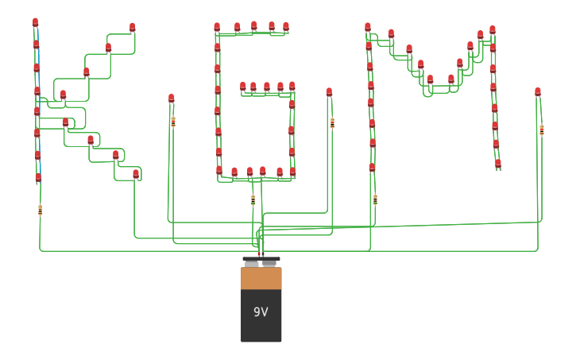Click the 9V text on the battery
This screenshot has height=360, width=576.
point(261,312)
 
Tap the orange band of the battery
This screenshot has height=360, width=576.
point(261,278)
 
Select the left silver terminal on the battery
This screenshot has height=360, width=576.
point(251,263)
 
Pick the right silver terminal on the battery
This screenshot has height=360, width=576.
point(269,263)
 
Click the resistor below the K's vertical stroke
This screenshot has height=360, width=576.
point(40,211)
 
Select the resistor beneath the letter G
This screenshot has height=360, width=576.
point(253,200)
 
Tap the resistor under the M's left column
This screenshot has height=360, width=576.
point(375,199)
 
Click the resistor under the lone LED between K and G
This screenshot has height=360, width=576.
point(173,122)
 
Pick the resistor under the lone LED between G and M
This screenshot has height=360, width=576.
point(332,123)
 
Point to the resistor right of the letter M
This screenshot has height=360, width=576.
point(541,130)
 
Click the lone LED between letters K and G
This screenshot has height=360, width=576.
point(171,99)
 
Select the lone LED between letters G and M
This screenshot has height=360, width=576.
point(329,92)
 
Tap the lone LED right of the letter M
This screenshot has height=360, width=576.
point(538,92)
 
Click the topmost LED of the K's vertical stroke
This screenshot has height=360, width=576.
point(35,22)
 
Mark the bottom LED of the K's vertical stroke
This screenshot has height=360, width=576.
point(38,178)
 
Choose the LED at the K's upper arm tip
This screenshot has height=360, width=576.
point(132,28)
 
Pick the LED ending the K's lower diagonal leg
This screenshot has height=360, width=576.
point(136,173)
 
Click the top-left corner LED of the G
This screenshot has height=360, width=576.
point(217,27)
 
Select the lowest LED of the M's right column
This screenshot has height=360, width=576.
point(498,164)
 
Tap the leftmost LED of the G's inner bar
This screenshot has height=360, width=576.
point(243,86)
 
